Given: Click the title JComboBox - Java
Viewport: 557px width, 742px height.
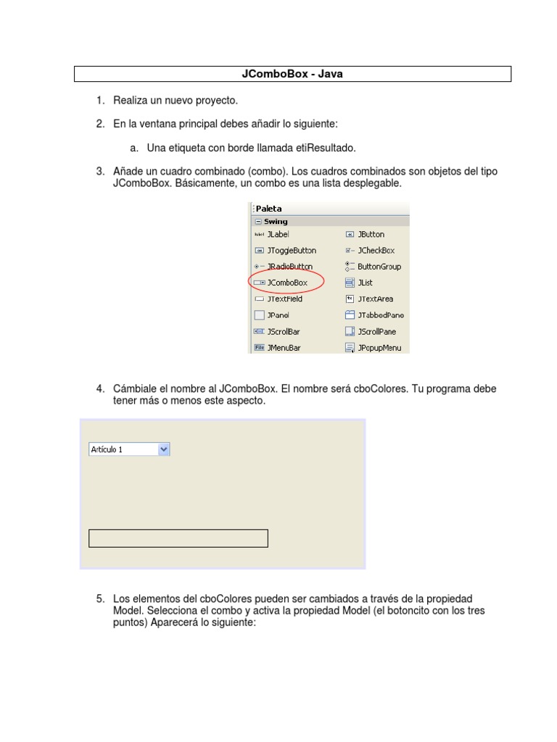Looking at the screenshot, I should pyautogui.click(x=292, y=74).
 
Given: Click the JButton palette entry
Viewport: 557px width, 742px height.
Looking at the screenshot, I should pyautogui.click(x=371, y=234).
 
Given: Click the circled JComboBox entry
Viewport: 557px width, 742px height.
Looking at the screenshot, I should pyautogui.click(x=286, y=283).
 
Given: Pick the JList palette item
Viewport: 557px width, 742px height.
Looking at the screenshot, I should pyautogui.click(x=365, y=283).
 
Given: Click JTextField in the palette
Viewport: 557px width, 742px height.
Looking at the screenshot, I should pyautogui.click(x=284, y=299).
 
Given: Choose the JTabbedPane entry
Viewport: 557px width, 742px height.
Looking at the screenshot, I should pyautogui.click(x=380, y=315).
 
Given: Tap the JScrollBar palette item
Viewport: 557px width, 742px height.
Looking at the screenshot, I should pyautogui.click(x=283, y=332).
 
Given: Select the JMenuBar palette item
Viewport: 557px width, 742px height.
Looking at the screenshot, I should pyautogui.click(x=283, y=348).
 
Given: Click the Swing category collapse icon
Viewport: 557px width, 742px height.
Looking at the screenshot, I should pyautogui.click(x=257, y=222).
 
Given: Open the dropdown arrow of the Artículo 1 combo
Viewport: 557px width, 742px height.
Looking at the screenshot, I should pyautogui.click(x=163, y=449).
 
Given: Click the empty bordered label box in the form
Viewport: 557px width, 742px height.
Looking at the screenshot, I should pyautogui.click(x=178, y=538).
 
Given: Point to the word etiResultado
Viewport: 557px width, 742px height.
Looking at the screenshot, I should pyautogui.click(x=326, y=148).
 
